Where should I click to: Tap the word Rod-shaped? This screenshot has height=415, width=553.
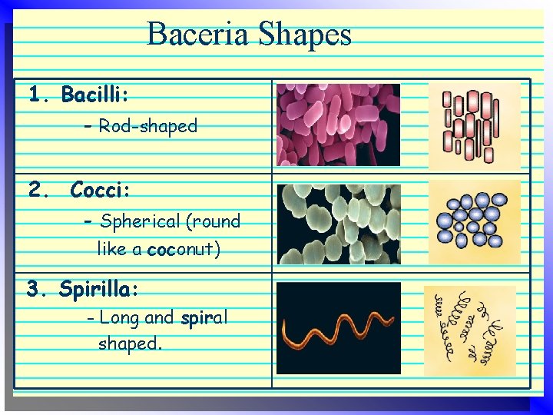(x=147, y=126)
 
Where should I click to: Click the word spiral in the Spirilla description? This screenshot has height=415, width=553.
(x=205, y=317)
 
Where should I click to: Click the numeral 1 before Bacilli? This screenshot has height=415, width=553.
(x=35, y=95)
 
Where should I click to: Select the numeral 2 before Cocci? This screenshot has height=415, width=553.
(x=35, y=189)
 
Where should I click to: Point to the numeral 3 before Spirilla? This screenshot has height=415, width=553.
(x=33, y=289)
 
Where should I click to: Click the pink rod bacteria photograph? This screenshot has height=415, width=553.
(x=338, y=125)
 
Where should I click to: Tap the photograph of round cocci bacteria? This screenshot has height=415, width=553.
(x=338, y=224)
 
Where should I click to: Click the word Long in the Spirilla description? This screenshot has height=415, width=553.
(x=118, y=317)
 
